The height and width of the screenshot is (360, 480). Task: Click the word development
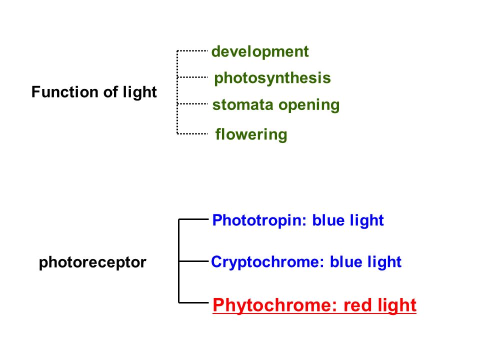pyautogui.click(x=260, y=51)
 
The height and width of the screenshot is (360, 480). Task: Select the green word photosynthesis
pyautogui.click(x=272, y=78)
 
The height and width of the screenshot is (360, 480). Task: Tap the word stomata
pyautogui.click(x=243, y=104)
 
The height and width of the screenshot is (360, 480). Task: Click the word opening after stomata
pyautogui.click(x=309, y=105)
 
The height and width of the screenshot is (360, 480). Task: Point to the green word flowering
pyautogui.click(x=251, y=134)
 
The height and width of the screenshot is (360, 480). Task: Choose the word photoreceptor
pyautogui.click(x=92, y=262)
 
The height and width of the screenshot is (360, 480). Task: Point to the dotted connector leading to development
pyautogui.click(x=192, y=50)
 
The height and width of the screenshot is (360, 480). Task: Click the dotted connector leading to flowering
pyautogui.click(x=192, y=133)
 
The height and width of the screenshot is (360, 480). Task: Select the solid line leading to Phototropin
pyautogui.click(x=193, y=219)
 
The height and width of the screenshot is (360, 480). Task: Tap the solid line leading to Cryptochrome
pyautogui.click(x=193, y=261)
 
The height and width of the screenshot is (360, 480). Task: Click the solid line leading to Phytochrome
pyautogui.click(x=193, y=303)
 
